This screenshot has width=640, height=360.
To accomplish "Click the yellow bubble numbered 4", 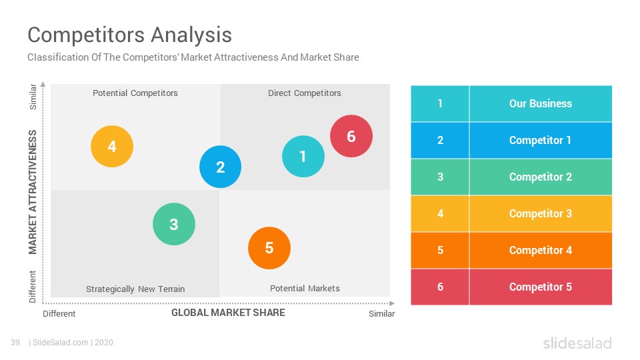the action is coord(112,147).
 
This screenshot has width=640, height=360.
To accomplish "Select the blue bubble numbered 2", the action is coord(221,167).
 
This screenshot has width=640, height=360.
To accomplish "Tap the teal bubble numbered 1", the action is coord(303,156).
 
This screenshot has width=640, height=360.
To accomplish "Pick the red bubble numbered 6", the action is coord(351,136).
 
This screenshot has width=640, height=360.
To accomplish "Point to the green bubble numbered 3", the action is coord(174,224).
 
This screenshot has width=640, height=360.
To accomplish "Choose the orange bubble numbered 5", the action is coord(269,248).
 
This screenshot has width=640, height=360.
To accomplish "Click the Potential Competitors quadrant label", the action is coord(135,93).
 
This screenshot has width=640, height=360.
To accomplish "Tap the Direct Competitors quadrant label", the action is coord(305,93).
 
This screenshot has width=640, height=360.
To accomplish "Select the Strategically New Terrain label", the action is coord(135,289).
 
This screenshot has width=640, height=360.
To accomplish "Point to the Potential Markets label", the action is coord(305,288).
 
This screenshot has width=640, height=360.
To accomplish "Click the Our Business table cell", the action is coord(541,104).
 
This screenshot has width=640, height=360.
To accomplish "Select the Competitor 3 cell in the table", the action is coord(541,213).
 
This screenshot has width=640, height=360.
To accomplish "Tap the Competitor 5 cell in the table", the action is coord(541,287).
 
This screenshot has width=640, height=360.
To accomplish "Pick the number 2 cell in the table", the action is coord(440,141).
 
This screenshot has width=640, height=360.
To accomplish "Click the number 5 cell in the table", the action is coord(440,250).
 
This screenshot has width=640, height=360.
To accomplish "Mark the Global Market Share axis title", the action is coord(228,313).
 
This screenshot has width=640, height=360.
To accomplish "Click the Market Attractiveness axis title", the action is coord(33,192).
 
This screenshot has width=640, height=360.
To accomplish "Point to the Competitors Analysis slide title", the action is coord(130,35).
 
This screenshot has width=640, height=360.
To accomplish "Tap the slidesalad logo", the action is coord(577,343).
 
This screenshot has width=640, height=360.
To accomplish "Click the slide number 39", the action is coord(15,343).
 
